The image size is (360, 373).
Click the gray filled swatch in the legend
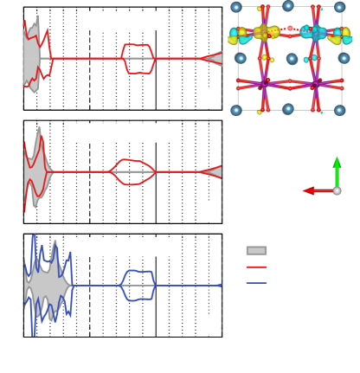(256, 250)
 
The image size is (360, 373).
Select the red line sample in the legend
(256, 267)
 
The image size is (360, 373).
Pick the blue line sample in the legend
(256, 283)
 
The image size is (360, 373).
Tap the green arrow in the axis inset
(337, 170)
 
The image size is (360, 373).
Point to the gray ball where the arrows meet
(337, 190)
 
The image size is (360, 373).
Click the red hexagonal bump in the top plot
(138, 59)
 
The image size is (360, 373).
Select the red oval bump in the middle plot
(132, 171)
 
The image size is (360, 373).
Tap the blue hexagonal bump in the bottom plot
(137, 285)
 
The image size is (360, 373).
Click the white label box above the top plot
(123, 21)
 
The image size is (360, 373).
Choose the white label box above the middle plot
(123, 132)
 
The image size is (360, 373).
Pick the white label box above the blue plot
(123, 247)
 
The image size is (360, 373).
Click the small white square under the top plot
(212, 99)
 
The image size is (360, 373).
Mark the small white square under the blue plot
(211, 325)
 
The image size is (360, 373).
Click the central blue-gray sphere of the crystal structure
(292, 59)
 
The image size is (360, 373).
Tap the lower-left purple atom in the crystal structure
(264, 85)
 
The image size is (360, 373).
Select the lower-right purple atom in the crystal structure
(315, 85)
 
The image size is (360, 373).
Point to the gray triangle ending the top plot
(212, 58)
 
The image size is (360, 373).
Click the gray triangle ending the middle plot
(212, 171)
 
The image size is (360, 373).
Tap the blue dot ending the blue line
(219, 285)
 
